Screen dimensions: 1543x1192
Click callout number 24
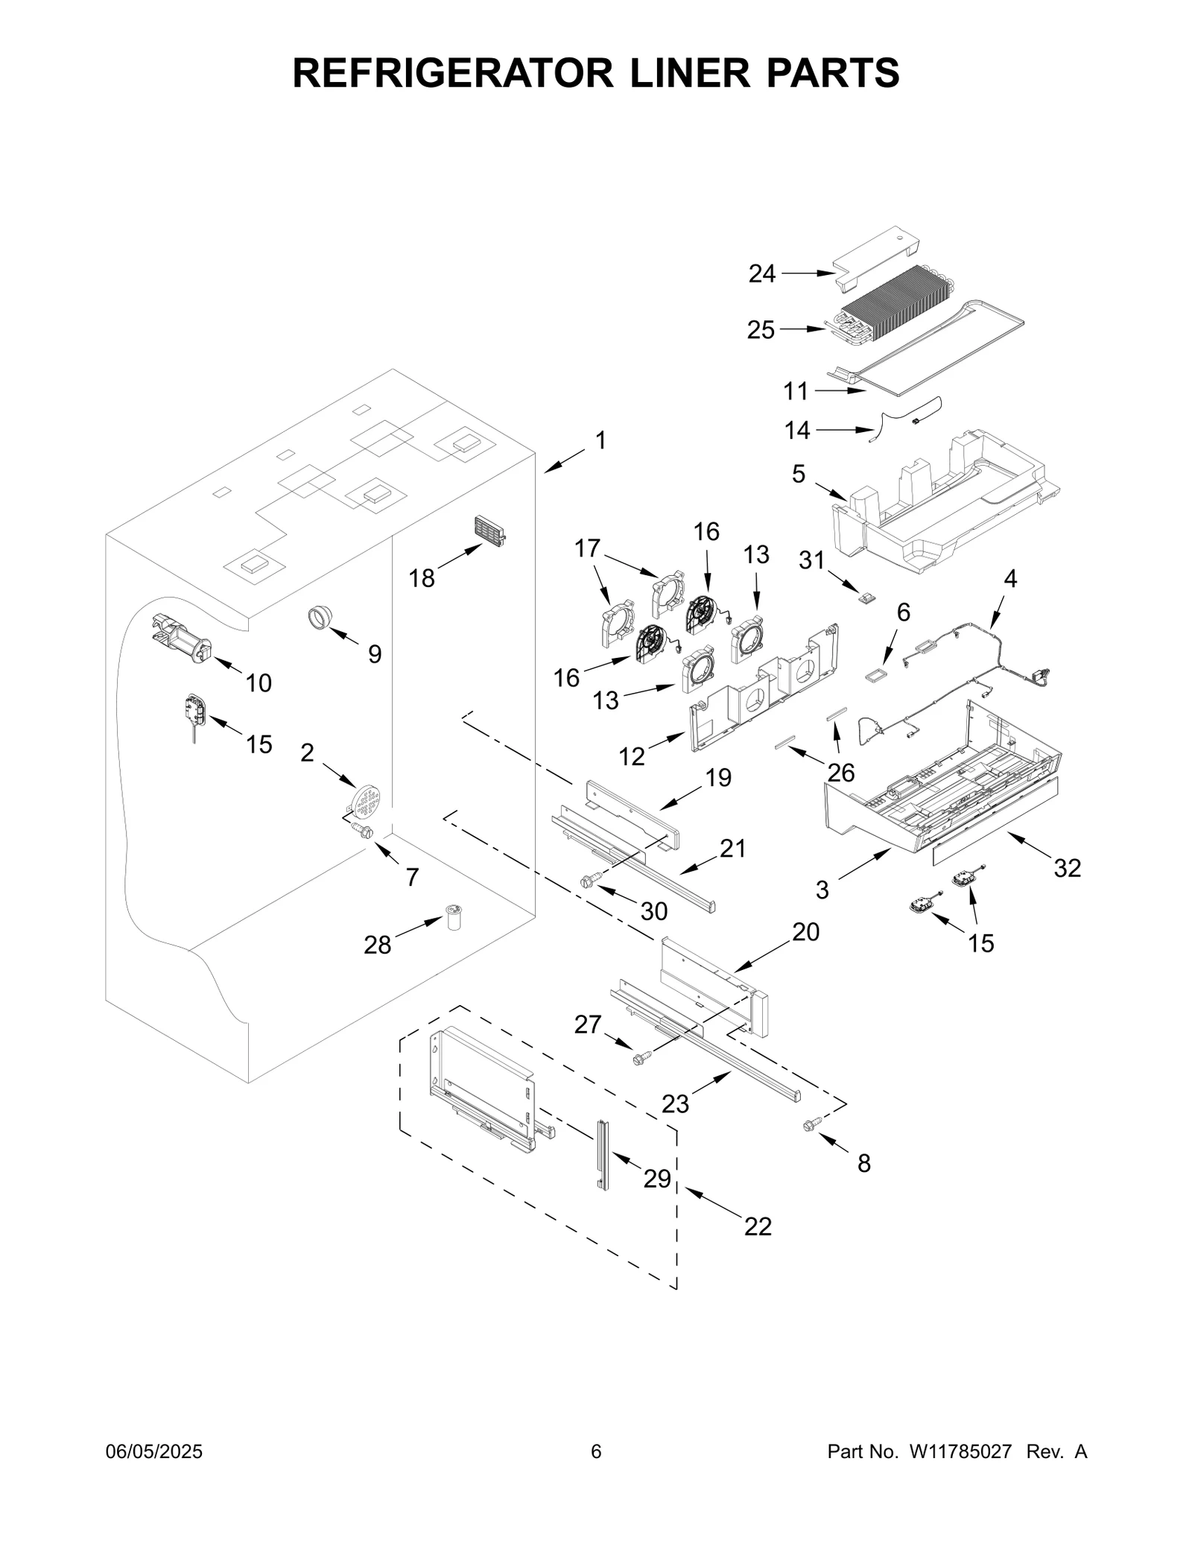click(x=762, y=274)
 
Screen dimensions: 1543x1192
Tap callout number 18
click(x=422, y=577)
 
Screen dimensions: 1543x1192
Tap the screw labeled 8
click(x=811, y=1146)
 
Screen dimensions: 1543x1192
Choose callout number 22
click(x=758, y=1226)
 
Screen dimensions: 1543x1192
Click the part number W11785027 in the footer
click(x=960, y=1451)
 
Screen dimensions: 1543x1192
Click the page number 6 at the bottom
click(x=596, y=1451)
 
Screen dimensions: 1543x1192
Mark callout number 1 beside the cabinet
click(x=600, y=440)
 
